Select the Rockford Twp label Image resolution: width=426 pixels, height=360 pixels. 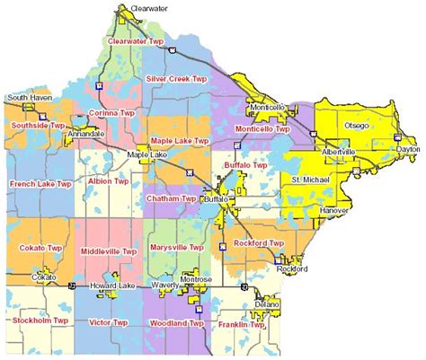[258, 243]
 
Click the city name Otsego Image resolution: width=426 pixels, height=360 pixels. [357, 126]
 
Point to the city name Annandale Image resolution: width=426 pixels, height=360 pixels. [86, 133]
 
